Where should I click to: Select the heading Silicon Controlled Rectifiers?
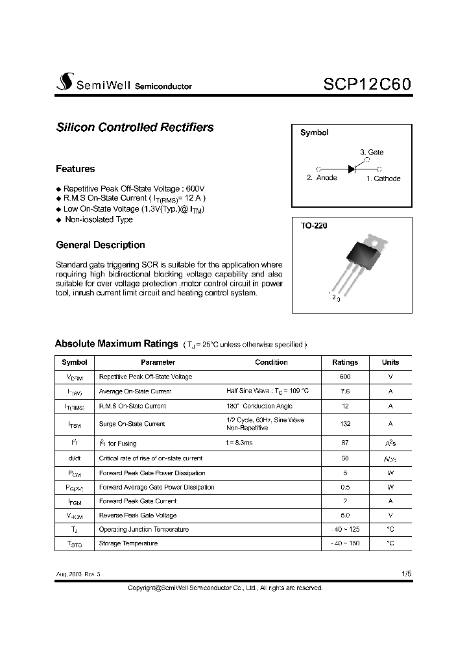tap(135, 128)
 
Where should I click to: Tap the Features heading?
tap(75, 169)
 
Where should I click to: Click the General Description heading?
tap(101, 245)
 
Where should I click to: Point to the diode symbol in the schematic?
tap(352, 169)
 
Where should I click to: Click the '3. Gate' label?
tap(372, 152)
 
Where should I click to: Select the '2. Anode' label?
tap(322, 178)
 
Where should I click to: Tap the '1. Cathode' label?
tap(383, 179)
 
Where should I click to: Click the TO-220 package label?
tap(314, 227)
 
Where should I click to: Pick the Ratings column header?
tap(344, 362)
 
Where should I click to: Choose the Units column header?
tap(390, 362)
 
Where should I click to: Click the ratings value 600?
tap(344, 377)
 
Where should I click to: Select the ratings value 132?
tap(344, 424)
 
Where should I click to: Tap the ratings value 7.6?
tap(344, 391)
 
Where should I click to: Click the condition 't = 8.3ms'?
tap(239, 443)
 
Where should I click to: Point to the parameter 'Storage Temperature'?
tap(128, 543)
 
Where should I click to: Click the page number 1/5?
tap(406, 574)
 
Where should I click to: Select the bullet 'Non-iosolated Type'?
tap(99, 219)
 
